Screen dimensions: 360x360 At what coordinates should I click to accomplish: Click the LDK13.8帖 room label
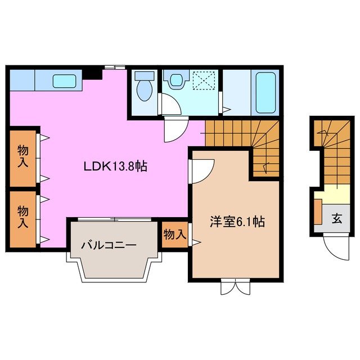pyautogui.click(x=115, y=166)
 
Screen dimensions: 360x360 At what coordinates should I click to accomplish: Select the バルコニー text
pyautogui.click(x=108, y=245)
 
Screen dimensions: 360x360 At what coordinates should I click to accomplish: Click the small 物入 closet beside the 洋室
pyautogui.click(x=174, y=234)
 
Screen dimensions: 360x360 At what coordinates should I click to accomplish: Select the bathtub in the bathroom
pyautogui.click(x=265, y=93)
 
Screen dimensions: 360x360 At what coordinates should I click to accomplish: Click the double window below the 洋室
pyautogui.click(x=234, y=286)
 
